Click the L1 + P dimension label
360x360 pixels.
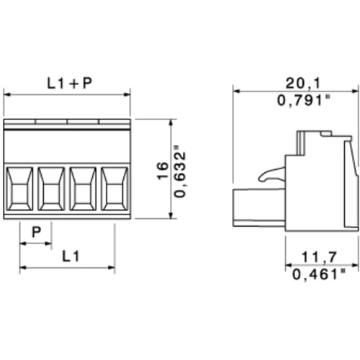point(70,84)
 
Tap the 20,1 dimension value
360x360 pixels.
point(303,84)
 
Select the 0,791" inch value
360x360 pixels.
point(304,100)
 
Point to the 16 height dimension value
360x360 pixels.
point(163,171)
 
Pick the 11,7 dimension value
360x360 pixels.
point(319,257)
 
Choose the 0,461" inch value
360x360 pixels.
point(319,274)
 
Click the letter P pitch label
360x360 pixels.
point(37,232)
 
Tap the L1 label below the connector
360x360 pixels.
point(71,256)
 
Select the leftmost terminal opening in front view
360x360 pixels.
point(19,189)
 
